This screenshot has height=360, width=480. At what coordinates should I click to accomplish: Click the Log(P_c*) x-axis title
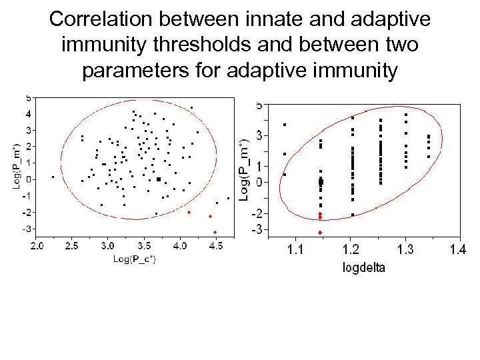tap(135, 258)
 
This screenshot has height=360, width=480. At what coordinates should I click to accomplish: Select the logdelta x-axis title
tap(363, 267)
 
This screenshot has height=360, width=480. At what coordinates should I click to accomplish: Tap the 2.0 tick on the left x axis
tap(37, 246)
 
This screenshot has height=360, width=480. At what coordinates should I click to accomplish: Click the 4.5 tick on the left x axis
tap(215, 246)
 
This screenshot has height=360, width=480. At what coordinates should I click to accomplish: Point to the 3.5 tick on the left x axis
tap(144, 246)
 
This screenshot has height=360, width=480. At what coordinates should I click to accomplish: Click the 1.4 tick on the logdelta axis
tap(457, 250)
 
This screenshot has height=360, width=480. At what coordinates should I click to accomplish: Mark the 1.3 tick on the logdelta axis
tap(405, 250)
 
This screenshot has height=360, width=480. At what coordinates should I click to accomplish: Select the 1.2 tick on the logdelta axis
tap(350, 250)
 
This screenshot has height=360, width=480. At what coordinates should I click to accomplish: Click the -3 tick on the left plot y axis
tap(27, 229)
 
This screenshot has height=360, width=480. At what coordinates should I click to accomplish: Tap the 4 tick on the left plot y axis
tap(28, 113)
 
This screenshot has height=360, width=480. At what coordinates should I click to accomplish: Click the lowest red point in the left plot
tap(215, 232)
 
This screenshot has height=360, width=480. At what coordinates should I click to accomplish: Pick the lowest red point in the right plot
tap(320, 233)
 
